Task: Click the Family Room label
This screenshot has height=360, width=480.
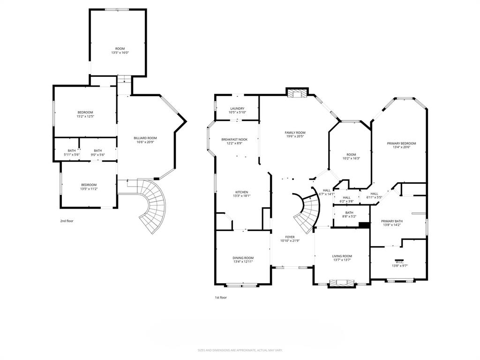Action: point(295,133)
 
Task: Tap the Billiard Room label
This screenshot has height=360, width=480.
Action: point(145,138)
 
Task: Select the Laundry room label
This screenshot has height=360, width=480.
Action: point(237,109)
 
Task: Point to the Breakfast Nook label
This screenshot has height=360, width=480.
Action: point(234,139)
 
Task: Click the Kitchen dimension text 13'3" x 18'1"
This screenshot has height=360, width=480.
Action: point(241,196)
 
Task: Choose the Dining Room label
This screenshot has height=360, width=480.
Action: point(243,258)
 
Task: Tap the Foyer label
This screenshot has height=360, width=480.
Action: point(290,237)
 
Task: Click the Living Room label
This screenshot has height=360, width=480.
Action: point(342,256)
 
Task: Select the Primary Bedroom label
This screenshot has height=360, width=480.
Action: point(401,143)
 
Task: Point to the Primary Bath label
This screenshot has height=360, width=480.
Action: point(391,221)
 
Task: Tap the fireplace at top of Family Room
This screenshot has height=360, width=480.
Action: point(297,93)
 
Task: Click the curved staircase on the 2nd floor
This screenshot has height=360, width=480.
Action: point(155,206)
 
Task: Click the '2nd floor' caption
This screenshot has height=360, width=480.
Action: point(67,221)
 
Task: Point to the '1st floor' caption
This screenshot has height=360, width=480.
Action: point(221,297)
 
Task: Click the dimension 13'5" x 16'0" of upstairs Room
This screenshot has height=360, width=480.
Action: point(120,52)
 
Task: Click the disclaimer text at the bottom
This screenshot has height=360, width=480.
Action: point(240,350)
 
